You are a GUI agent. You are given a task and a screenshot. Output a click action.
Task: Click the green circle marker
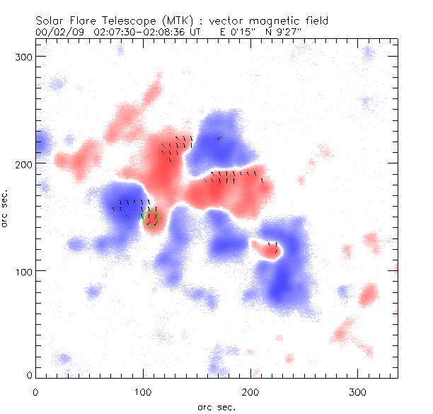[x=151, y=219]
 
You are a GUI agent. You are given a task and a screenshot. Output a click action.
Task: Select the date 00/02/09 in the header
[x=58, y=32]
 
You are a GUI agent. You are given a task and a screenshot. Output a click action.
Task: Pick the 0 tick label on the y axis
[x=29, y=374]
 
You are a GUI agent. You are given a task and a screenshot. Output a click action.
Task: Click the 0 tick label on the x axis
[x=35, y=391]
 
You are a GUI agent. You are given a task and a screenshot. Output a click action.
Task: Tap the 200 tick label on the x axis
[x=250, y=391]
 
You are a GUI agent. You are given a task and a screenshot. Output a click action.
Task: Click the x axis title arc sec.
[x=215, y=407]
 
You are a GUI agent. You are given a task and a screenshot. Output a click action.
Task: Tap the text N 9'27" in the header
[x=294, y=32]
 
